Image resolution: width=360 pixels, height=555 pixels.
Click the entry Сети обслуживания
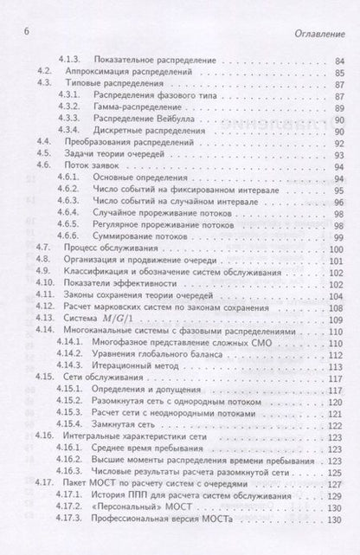117,378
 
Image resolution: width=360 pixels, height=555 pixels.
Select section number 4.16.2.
72,461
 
